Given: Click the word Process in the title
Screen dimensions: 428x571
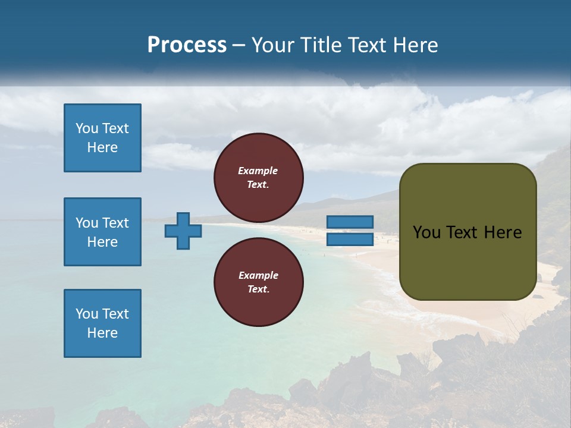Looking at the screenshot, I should (187, 45).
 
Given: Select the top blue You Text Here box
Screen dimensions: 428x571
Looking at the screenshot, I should (102, 138).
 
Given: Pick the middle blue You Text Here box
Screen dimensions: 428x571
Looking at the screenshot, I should (102, 232).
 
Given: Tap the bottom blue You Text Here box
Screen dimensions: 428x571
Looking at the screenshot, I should (102, 323).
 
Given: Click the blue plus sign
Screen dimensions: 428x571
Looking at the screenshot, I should (183, 231).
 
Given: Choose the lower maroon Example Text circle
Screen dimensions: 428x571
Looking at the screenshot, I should (258, 282).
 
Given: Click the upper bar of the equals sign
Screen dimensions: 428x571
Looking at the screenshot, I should (350, 222).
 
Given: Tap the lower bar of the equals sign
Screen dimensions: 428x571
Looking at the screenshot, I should (350, 240).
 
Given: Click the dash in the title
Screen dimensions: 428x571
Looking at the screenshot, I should (239, 46).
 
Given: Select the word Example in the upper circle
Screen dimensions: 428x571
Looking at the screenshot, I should (258, 171).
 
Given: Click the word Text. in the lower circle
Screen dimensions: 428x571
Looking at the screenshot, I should (258, 289).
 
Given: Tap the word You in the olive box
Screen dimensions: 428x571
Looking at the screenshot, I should (426, 232).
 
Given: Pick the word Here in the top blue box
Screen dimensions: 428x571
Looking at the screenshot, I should (102, 147).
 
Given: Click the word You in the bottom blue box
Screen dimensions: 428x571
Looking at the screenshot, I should (87, 314).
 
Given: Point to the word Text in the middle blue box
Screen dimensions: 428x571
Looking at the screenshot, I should (115, 223).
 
